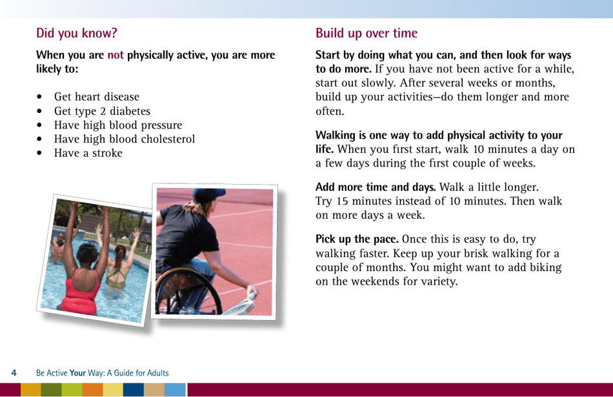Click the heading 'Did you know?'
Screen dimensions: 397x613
point(77,33)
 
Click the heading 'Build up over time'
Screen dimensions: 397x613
point(366,33)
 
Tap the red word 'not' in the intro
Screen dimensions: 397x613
point(116,56)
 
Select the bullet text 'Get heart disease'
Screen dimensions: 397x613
point(96,97)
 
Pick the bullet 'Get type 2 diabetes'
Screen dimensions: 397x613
point(102,111)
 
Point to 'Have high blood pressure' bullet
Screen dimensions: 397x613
point(117,125)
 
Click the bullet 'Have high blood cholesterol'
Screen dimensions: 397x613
point(124,139)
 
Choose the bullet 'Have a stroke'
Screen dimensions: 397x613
point(88,153)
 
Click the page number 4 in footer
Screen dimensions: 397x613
point(14,373)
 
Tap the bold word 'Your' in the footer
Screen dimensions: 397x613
point(78,373)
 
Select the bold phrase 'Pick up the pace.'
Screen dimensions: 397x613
point(356,239)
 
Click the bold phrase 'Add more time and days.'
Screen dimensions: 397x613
point(375,188)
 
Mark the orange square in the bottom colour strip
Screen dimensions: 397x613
point(92,390)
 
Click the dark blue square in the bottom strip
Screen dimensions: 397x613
point(133,390)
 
